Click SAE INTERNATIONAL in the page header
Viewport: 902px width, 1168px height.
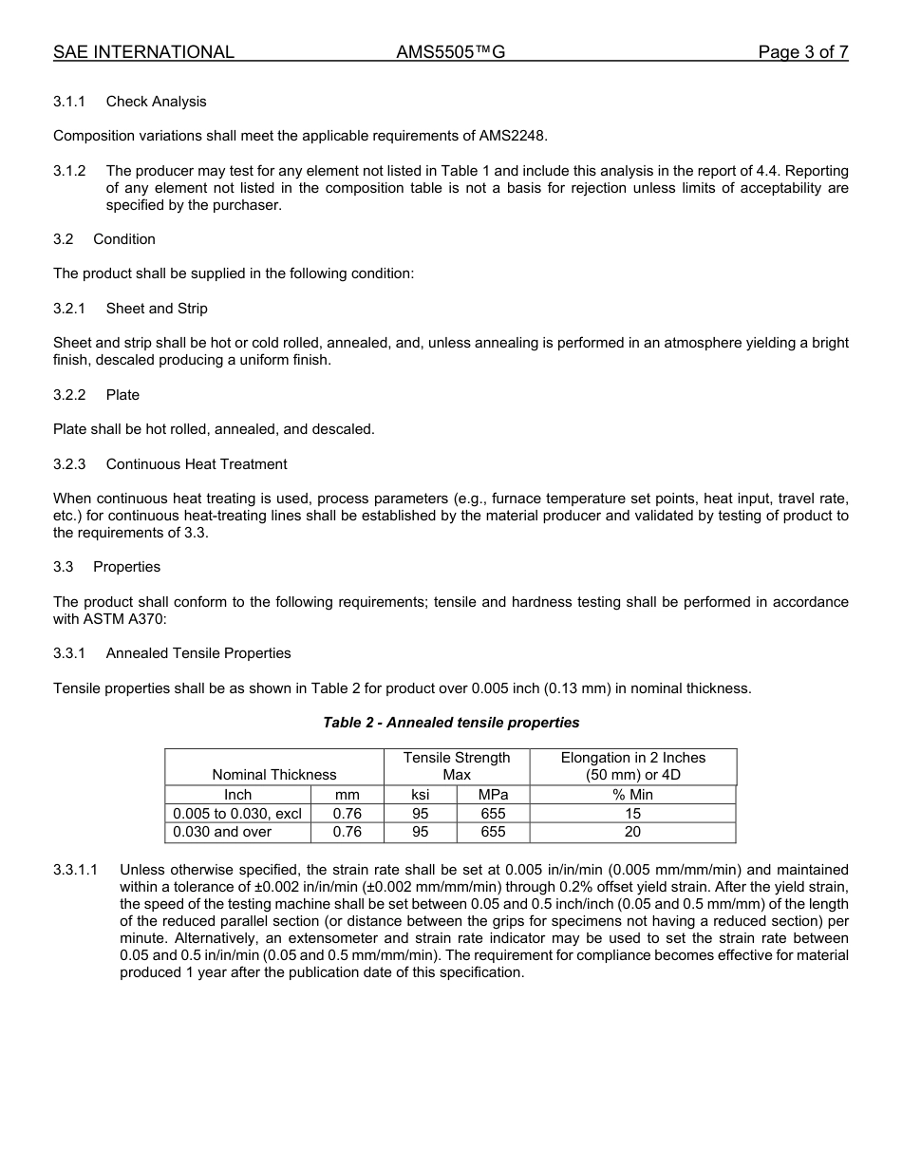(143, 53)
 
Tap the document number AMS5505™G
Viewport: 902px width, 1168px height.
(450, 53)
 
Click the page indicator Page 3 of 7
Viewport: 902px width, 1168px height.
(802, 53)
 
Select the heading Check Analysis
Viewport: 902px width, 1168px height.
(156, 102)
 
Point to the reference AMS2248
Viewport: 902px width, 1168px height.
(518, 136)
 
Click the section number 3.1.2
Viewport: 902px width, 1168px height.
(69, 171)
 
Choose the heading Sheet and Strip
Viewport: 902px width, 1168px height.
(157, 309)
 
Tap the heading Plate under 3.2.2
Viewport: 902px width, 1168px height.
(122, 395)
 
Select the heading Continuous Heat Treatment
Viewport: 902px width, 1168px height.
(196, 464)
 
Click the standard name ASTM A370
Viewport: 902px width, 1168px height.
(94, 619)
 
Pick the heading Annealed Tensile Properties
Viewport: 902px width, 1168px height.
(198, 653)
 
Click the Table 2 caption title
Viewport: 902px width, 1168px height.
(451, 723)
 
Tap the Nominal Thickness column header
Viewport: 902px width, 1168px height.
(274, 775)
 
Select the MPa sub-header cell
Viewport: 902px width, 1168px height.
(493, 795)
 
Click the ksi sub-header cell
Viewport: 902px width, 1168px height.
(420, 795)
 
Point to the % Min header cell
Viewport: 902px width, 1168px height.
(632, 795)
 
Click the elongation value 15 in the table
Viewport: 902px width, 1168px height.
(632, 814)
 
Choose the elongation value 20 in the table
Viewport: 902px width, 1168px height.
(632, 832)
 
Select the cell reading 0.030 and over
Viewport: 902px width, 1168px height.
(222, 832)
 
